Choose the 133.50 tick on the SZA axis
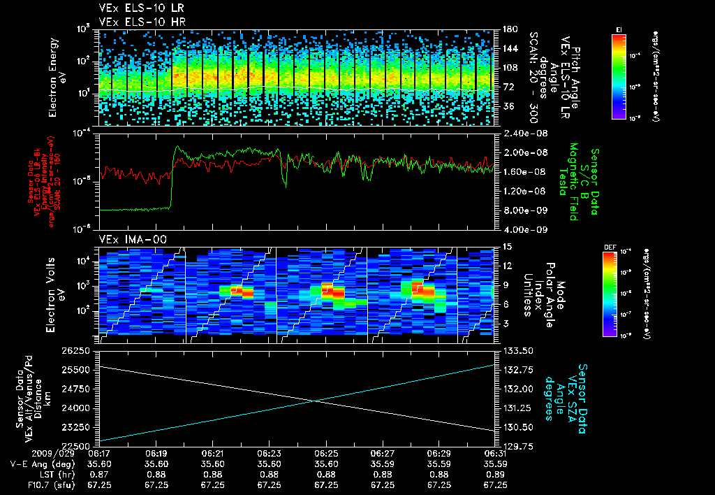[x=517, y=350]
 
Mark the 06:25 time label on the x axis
[x=325, y=454]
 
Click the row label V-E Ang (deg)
[x=41, y=464]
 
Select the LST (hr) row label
[x=53, y=473]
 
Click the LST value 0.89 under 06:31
[x=495, y=473]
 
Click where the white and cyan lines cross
[x=318, y=401]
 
